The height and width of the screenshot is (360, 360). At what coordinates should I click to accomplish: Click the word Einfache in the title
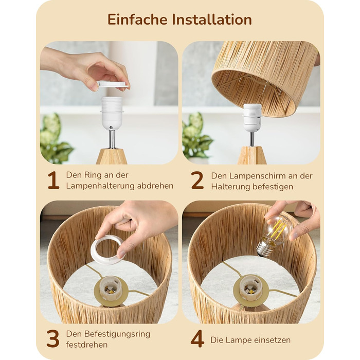point(137,20)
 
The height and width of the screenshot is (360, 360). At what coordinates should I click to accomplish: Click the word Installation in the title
point(212,20)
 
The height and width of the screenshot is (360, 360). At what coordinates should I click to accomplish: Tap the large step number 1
point(53,180)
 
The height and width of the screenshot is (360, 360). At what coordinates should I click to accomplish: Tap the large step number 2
point(197,180)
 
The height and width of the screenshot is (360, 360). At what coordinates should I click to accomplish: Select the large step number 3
point(53,338)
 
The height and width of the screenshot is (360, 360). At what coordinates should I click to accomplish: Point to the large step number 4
point(197,338)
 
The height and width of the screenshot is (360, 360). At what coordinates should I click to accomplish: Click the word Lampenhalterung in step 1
point(100,186)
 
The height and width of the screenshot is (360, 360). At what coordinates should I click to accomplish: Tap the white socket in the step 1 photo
point(112,113)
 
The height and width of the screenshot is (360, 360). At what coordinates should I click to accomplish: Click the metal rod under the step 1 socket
point(112,139)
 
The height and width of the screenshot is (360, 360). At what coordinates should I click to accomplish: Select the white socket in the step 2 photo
point(253,118)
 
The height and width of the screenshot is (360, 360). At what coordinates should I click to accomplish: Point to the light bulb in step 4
point(275,235)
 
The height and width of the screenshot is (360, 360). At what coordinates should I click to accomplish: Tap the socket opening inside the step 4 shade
point(251,288)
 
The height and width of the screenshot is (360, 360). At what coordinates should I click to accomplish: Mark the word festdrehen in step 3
point(87,345)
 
